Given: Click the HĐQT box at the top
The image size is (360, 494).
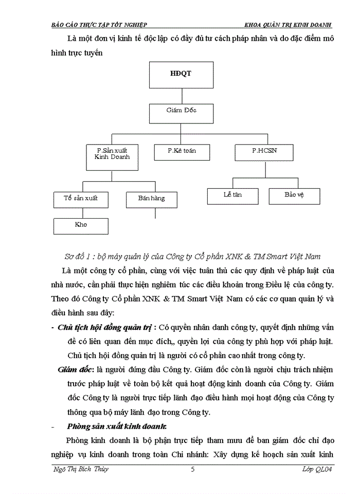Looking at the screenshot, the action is [x=180, y=74].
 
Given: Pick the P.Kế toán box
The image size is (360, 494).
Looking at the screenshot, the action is [x=181, y=151].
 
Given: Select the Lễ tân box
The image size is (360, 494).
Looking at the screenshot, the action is [x=232, y=196].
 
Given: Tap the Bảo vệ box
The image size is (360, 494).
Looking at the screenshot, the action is [x=294, y=196].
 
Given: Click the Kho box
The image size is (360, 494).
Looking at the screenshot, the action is [x=81, y=225].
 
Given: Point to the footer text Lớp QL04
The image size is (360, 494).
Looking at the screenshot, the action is [x=317, y=469].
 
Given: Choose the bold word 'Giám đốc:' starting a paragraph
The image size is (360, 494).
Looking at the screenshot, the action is [x=76, y=369].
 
